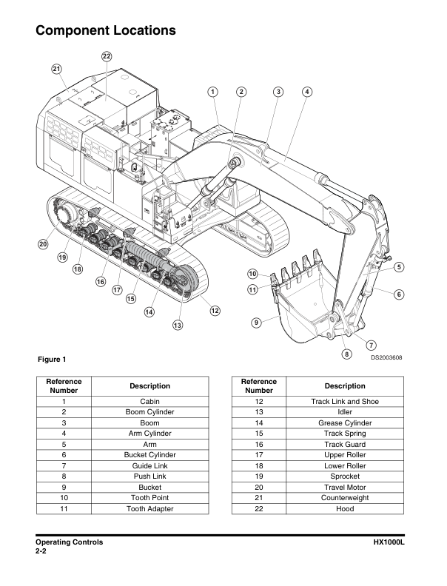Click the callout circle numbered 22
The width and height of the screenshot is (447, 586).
[x=107, y=56]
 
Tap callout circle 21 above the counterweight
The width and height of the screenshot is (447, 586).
[x=56, y=69]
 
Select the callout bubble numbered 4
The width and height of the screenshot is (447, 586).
[x=306, y=92]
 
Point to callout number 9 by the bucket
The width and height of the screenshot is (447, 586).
[x=255, y=322]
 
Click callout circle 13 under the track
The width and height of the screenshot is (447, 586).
[x=177, y=325]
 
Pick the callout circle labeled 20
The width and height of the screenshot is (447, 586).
[x=43, y=243]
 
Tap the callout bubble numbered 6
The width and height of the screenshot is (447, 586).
[x=399, y=294]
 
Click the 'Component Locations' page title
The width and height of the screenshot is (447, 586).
[x=105, y=31]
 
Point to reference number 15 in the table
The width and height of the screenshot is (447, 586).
[x=258, y=433]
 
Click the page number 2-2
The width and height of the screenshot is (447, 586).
[x=44, y=552]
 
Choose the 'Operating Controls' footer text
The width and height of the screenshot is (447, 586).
[x=69, y=542]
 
